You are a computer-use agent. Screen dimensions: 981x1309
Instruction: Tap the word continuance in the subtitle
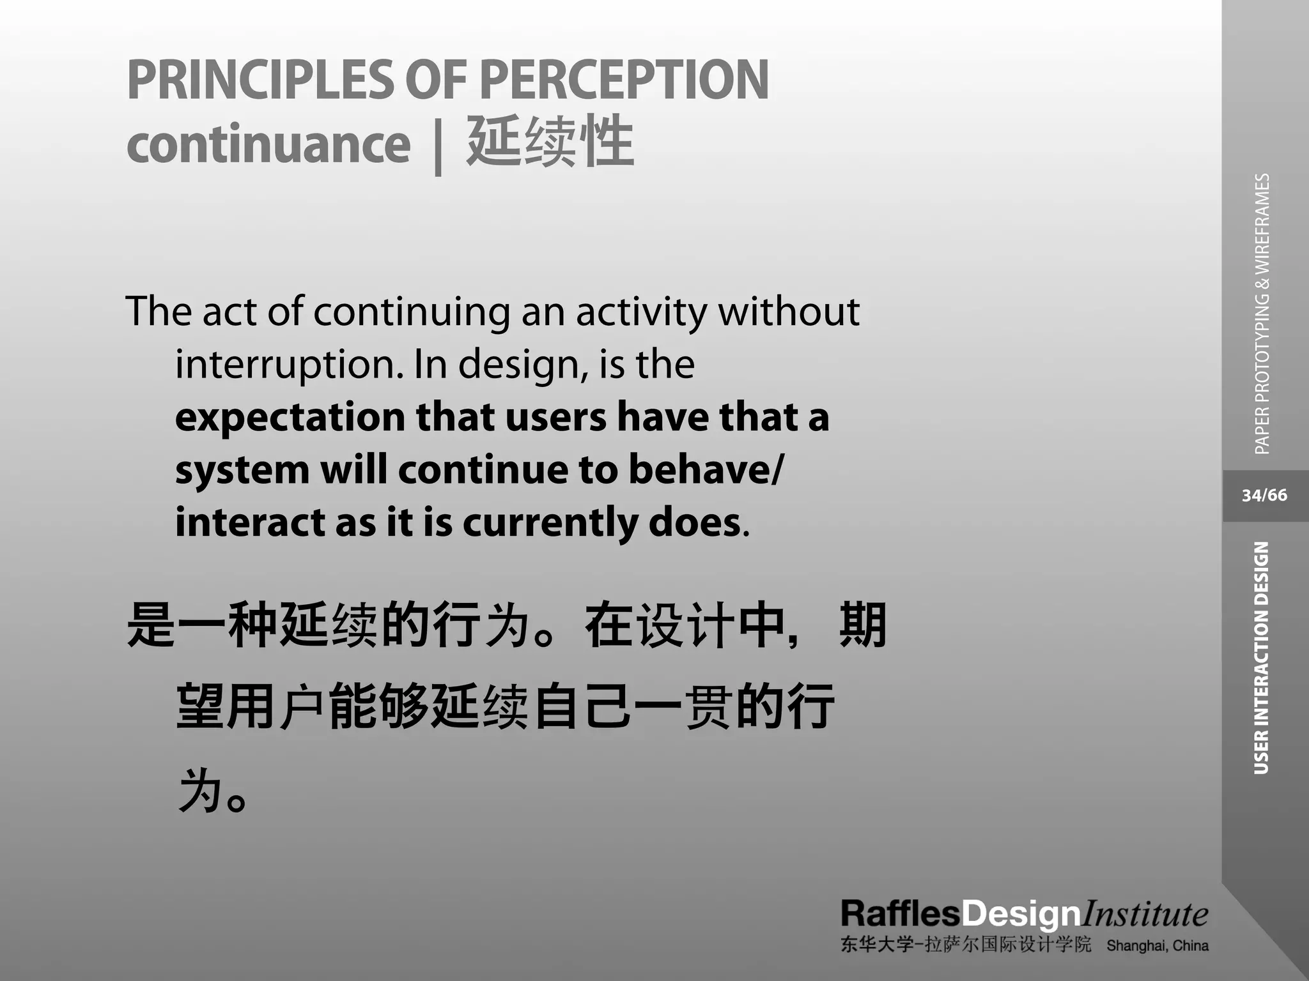(268, 144)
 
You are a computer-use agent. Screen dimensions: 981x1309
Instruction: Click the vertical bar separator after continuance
(438, 146)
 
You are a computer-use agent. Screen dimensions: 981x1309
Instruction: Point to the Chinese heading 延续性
(550, 142)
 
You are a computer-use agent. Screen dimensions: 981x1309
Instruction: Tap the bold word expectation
(290, 418)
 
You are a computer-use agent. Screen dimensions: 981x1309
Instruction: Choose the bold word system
(242, 470)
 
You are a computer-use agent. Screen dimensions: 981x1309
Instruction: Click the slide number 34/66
(1264, 496)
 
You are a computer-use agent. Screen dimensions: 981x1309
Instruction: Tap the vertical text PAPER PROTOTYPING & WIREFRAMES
(1262, 314)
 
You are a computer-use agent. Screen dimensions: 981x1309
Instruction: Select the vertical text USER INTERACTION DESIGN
(1262, 658)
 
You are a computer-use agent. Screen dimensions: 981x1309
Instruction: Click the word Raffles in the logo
(900, 914)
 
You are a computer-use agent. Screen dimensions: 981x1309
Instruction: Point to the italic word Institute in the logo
(1144, 914)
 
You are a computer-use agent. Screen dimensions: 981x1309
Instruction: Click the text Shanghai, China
(1157, 946)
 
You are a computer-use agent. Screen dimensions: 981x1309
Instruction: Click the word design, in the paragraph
(522, 365)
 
